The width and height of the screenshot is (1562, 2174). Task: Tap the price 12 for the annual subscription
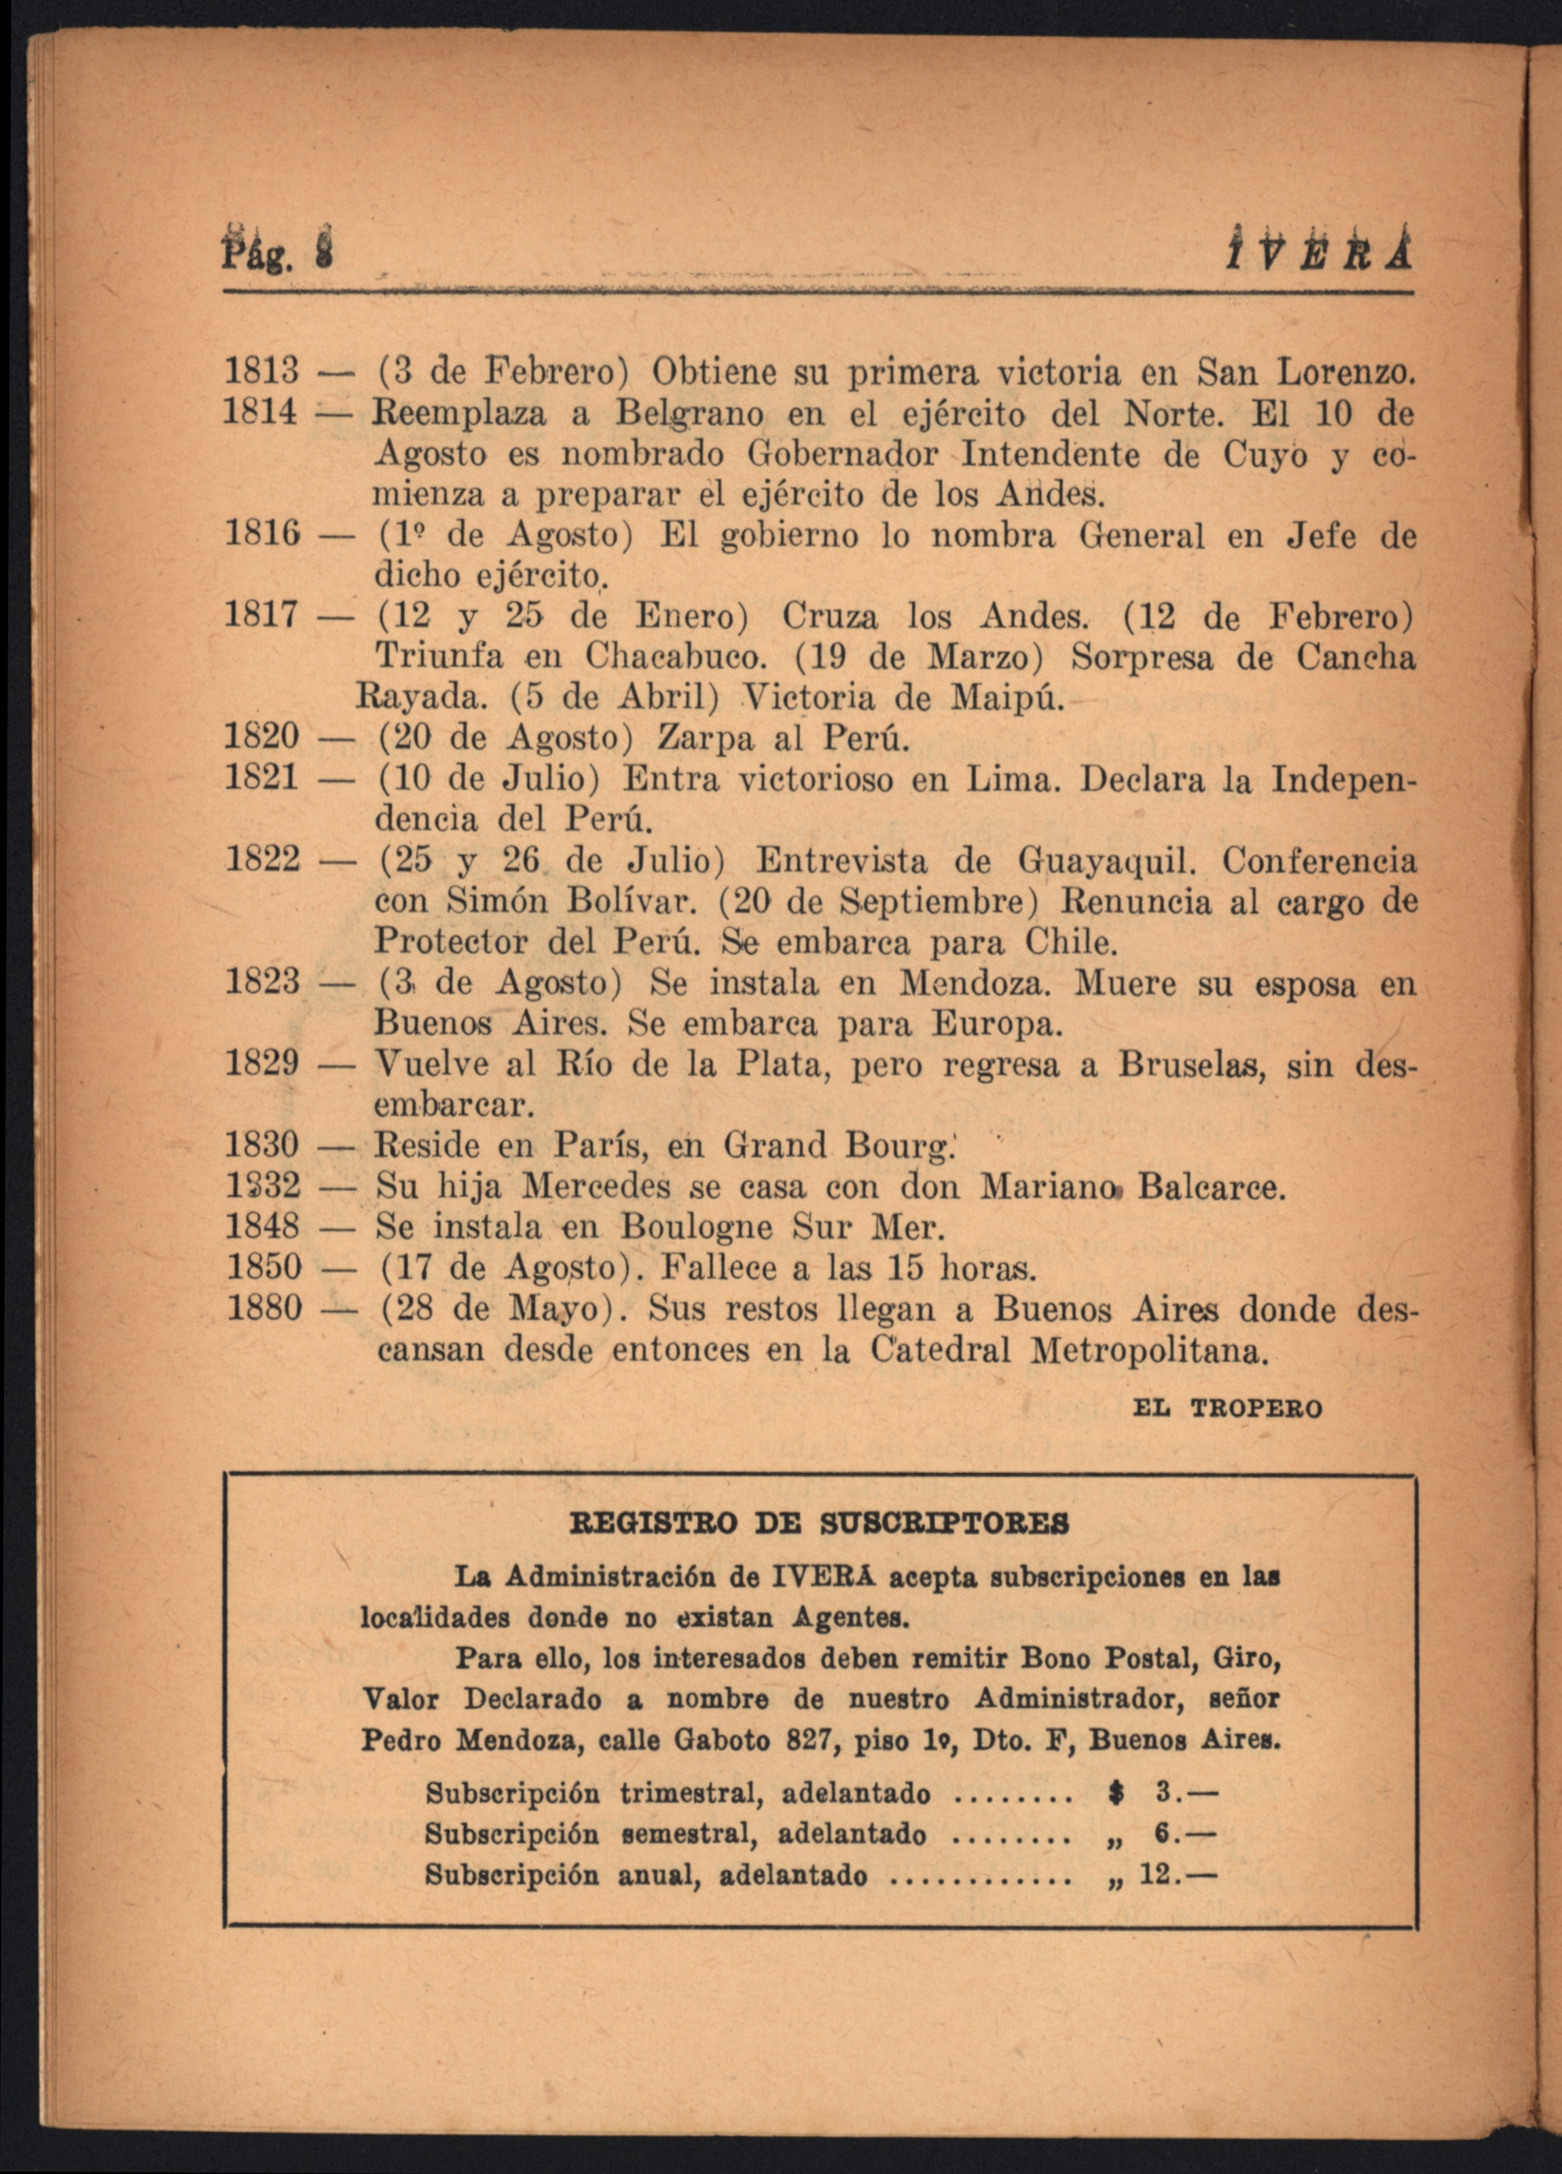(1158, 1875)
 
